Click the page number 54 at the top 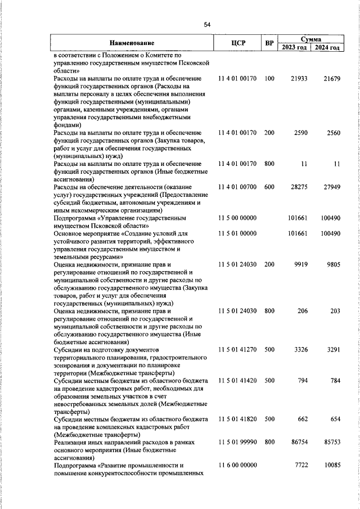207,24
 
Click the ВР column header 269,43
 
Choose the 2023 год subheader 294,47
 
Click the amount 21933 299,79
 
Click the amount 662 302,419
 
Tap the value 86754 299,443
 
